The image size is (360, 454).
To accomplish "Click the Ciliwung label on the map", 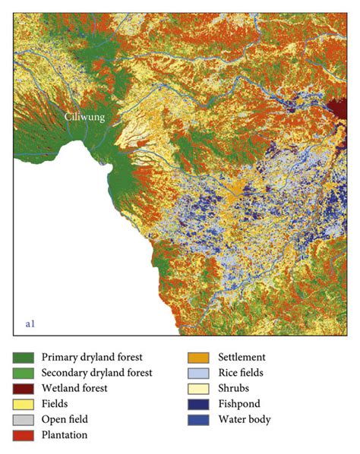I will pyautogui.click(x=84, y=118).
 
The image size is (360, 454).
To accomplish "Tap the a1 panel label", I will pyautogui.click(x=30, y=324).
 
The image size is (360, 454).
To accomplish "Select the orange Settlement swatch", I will pyautogui.click(x=200, y=357).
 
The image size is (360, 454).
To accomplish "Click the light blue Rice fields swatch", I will pyautogui.click(x=200, y=373).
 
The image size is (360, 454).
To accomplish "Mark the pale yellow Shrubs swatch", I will pyautogui.click(x=200, y=388).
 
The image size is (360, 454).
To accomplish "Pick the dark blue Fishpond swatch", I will pyautogui.click(x=200, y=404).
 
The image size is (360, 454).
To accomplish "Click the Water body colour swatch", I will pyautogui.click(x=200, y=419).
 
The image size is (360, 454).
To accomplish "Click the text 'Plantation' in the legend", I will pyautogui.click(x=64, y=435).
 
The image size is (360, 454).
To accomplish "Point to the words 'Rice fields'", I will pyautogui.click(x=242, y=373).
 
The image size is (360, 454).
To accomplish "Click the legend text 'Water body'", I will pyautogui.click(x=244, y=419).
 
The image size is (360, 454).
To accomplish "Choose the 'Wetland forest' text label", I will pyautogui.click(x=74, y=388).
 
